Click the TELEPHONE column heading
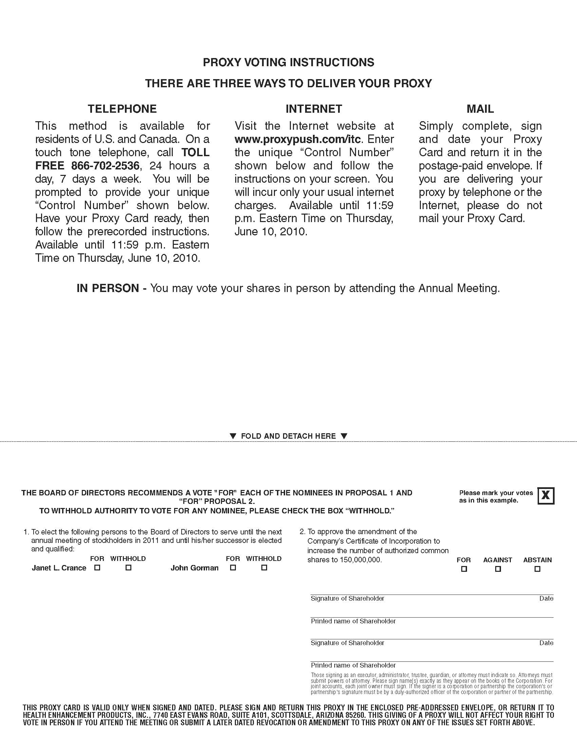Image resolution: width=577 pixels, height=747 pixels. point(122,109)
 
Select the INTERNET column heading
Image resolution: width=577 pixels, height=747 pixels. point(314,109)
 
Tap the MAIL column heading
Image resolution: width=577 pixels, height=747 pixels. point(480,109)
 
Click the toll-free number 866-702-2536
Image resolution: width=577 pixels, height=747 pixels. point(105,166)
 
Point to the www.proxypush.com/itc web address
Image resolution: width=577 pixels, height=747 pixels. point(296,139)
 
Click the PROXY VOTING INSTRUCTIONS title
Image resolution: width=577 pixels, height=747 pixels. point(288,62)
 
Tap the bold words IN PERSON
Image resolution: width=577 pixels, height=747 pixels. point(108,288)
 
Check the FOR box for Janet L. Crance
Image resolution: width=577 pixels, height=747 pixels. point(97,567)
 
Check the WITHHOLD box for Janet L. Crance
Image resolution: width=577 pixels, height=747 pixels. point(129,567)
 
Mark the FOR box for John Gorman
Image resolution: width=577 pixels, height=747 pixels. point(233,567)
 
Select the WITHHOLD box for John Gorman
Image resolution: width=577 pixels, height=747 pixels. point(264,567)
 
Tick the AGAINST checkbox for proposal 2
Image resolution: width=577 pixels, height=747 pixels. point(498,569)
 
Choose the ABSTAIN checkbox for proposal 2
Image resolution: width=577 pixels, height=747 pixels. point(537,569)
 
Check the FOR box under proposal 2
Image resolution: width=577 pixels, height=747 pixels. point(464,569)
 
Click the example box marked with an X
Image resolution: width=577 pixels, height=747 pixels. point(546,496)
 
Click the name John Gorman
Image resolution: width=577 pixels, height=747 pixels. point(194,568)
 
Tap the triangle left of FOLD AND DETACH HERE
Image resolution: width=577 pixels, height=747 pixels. point(233,436)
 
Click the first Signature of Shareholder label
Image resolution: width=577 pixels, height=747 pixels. point(347,599)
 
